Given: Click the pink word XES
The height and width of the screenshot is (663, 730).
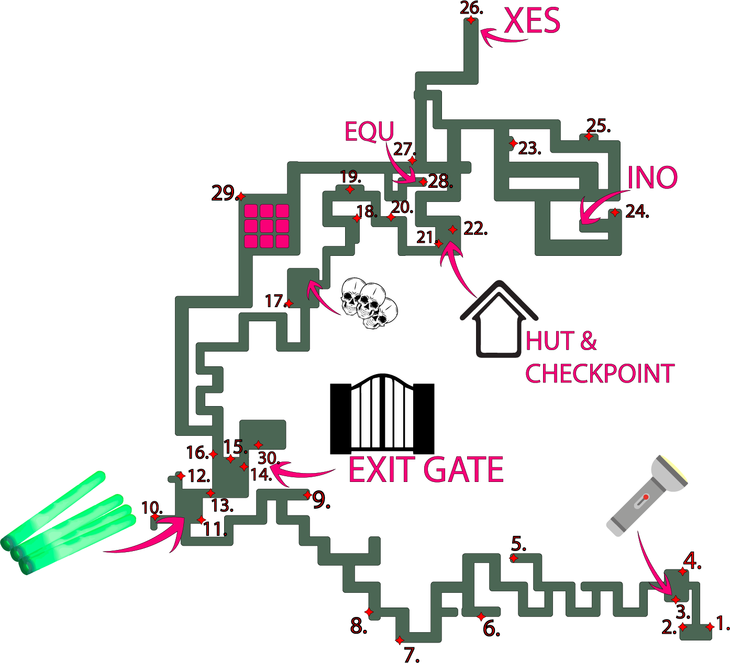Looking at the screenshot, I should (532, 21).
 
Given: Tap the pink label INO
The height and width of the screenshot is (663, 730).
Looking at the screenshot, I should (652, 178).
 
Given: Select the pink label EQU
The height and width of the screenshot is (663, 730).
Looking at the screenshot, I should (369, 132).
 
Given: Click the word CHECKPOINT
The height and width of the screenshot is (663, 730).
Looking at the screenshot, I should (600, 374).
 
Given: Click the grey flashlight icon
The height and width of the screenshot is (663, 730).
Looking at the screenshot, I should (647, 495).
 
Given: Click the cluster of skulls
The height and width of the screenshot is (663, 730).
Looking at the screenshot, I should (369, 303).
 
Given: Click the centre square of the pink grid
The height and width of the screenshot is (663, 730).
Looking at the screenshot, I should (267, 226).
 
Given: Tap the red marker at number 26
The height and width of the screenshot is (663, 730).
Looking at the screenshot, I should (471, 20).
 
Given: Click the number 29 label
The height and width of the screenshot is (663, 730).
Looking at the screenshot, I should (224, 193).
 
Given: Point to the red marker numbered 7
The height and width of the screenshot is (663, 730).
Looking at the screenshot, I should (400, 640).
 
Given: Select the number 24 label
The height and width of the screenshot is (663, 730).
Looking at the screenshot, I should (636, 211).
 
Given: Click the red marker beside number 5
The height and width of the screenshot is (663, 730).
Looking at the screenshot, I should (514, 558).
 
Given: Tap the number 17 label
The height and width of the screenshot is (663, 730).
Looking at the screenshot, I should (274, 301).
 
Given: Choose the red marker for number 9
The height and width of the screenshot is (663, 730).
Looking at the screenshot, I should (307, 495).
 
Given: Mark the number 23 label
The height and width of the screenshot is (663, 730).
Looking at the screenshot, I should (529, 149).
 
